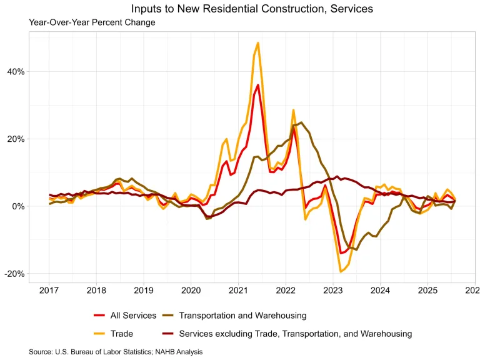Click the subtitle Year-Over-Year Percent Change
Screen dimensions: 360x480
click(x=92, y=22)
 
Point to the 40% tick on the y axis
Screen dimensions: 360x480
click(x=16, y=71)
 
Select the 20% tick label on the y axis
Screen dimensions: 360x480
click(x=16, y=139)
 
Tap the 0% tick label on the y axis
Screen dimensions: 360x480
click(x=19, y=206)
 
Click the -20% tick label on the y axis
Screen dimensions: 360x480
click(x=15, y=274)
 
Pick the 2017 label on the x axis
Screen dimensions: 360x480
click(x=49, y=291)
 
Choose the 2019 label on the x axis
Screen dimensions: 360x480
click(x=144, y=291)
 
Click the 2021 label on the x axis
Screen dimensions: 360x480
click(x=238, y=291)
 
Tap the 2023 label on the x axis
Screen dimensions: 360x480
click(x=332, y=291)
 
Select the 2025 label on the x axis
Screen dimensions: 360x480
click(x=427, y=291)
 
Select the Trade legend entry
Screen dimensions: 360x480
click(x=122, y=334)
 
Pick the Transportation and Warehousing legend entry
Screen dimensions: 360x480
click(x=242, y=316)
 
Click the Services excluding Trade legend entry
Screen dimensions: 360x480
click(x=295, y=334)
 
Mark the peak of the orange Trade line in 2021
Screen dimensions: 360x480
click(x=257, y=43)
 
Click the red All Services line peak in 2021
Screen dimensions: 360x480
click(x=257, y=85)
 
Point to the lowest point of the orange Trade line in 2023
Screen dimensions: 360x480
click(x=341, y=271)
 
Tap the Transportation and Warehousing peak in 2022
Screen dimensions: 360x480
click(x=301, y=122)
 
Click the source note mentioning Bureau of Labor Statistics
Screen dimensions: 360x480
click(x=116, y=352)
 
